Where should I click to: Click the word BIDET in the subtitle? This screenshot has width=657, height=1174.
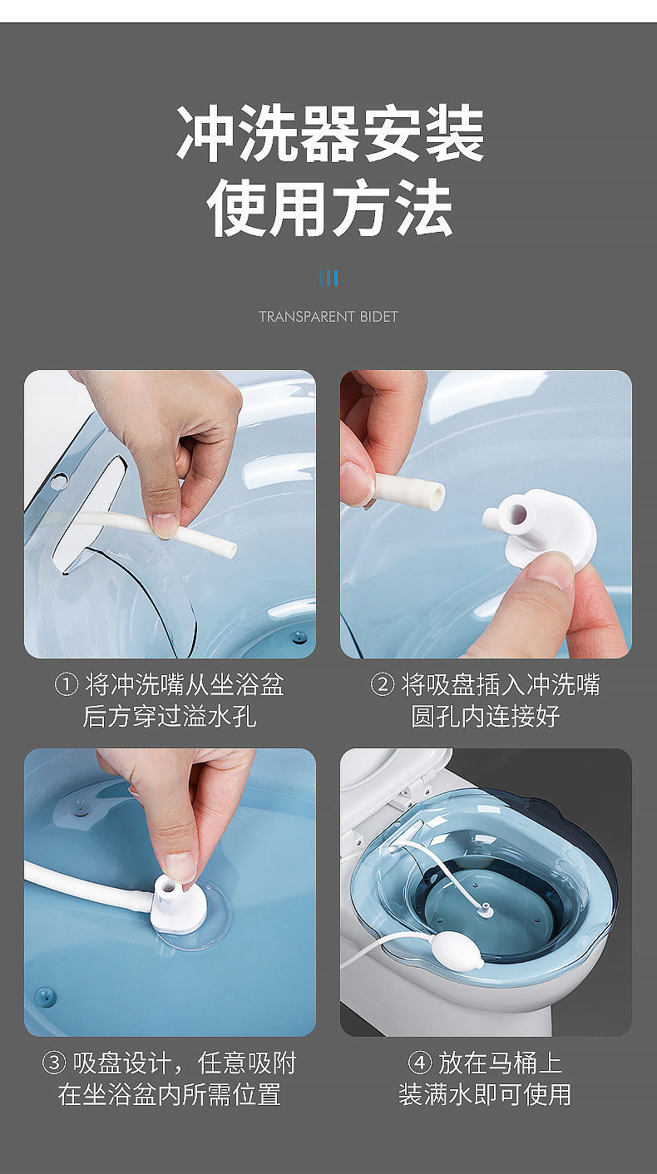point(379,317)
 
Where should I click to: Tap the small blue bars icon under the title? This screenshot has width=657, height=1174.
point(328,278)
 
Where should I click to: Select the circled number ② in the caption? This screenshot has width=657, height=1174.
point(382,685)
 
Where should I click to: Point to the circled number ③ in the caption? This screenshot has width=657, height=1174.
point(54,1063)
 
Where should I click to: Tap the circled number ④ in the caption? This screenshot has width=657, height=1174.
point(419,1063)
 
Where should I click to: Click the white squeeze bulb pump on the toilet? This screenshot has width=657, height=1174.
point(452,947)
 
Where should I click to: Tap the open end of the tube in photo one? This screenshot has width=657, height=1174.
point(230,549)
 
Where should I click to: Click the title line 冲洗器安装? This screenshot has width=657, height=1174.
point(330,134)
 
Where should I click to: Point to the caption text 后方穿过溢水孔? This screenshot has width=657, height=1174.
point(170,716)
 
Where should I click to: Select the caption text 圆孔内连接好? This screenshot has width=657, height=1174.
point(486,716)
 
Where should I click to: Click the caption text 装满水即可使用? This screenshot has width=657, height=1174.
point(486,1094)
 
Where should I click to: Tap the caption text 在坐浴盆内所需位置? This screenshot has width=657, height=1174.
point(170,1094)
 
